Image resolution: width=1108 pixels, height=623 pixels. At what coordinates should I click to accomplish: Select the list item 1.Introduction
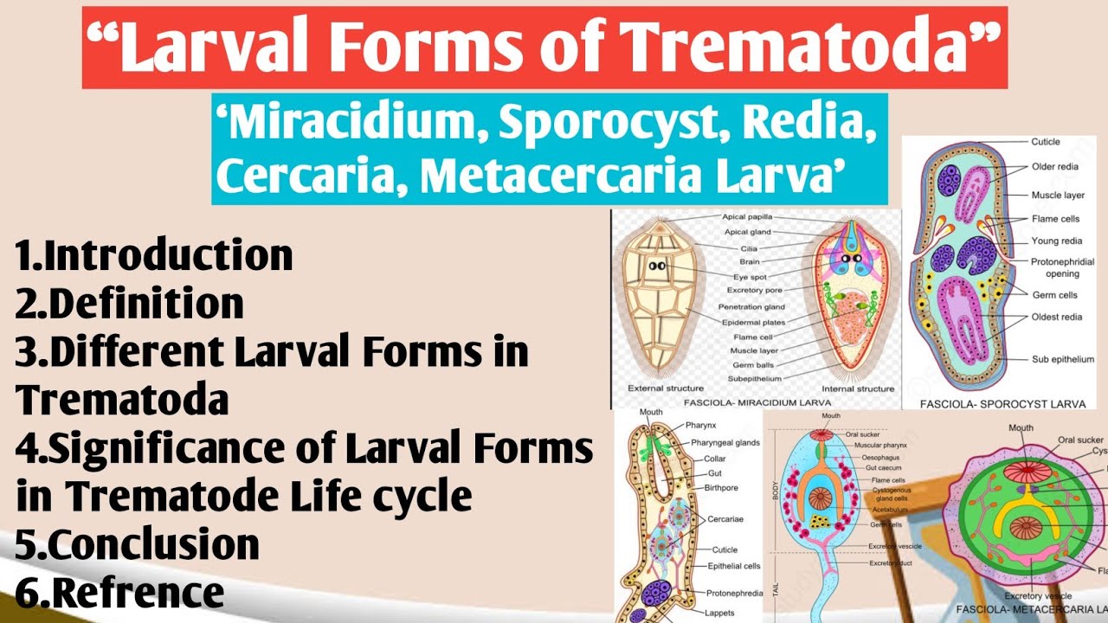(153, 256)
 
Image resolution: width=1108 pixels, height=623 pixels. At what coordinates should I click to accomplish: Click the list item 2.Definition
(129, 304)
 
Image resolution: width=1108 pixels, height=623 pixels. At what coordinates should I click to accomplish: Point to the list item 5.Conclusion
(138, 545)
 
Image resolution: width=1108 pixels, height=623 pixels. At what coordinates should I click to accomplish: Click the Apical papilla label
(747, 216)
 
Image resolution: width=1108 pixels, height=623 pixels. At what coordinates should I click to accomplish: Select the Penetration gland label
(751, 306)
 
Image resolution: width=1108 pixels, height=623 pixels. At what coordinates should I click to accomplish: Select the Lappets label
(719, 613)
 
